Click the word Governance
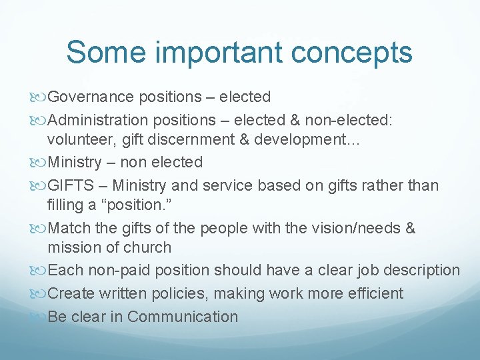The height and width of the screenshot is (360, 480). point(91,97)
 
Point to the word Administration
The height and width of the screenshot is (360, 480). point(99,119)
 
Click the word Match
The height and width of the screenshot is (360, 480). point(69,228)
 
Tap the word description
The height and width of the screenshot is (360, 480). point(419,271)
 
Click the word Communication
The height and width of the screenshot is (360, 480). point(182,316)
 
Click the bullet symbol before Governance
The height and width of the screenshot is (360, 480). point(39,97)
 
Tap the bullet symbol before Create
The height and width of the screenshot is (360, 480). point(39,293)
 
